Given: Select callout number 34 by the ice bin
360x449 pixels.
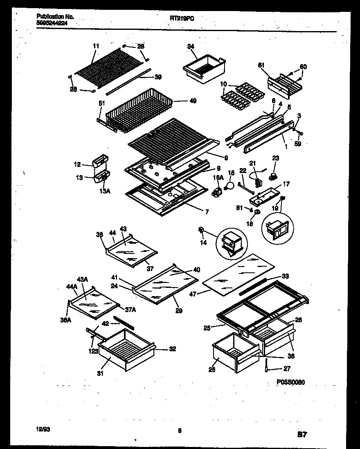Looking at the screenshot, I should coord(191,47).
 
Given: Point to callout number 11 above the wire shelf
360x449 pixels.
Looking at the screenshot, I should coord(96,47).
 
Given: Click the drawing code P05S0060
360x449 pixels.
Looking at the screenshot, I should coord(291,382).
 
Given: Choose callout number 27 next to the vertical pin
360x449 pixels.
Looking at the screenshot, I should coord(287,368).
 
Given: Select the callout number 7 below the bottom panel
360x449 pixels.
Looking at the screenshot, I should coord(207,211).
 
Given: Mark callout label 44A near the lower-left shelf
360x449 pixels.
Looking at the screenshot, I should coord(72,287).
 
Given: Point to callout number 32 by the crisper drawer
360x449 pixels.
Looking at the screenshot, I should coord(173,349).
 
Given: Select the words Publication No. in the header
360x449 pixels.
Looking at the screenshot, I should coord(55,16).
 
